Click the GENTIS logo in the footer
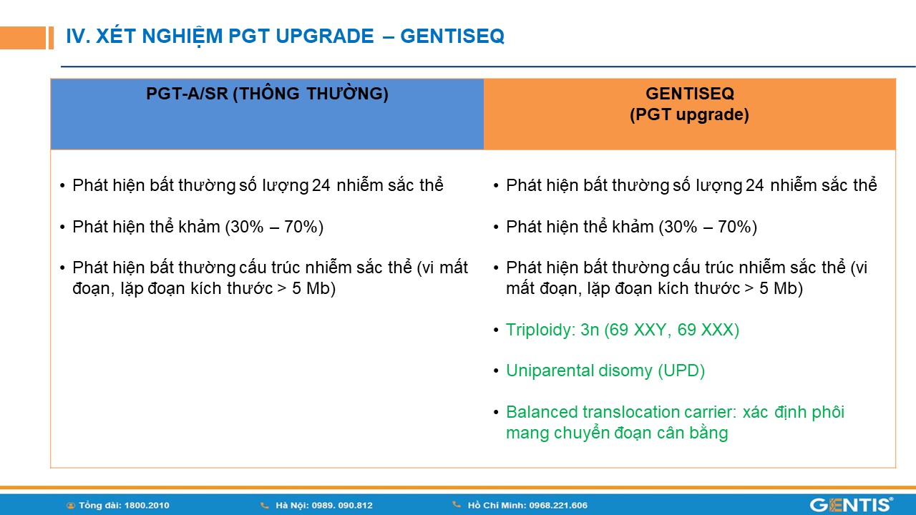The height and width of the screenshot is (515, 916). click(x=852, y=505)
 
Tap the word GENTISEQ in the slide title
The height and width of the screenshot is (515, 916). click(x=452, y=36)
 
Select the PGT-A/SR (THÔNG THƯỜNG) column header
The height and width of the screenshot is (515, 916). click(x=267, y=94)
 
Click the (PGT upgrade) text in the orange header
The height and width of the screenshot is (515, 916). click(x=689, y=114)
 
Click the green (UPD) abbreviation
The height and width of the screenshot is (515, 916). click(x=681, y=371)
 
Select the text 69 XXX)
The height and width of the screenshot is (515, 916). click(x=708, y=330)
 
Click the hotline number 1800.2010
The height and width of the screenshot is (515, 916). click(x=147, y=506)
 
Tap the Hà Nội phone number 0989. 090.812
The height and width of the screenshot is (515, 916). click(x=342, y=506)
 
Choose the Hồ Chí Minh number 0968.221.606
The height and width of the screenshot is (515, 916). click(x=558, y=506)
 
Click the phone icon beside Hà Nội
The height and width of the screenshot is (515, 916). click(x=265, y=506)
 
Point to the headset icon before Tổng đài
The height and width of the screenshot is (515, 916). click(x=71, y=506)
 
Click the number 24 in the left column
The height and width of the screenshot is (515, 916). click(x=321, y=185)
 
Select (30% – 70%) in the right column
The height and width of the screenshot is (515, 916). click(x=708, y=227)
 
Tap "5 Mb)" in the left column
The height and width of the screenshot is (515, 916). click(x=313, y=288)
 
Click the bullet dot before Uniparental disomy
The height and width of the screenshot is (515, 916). click(x=496, y=371)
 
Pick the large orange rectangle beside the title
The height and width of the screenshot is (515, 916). click(x=23, y=38)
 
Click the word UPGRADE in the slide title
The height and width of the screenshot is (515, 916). click(x=325, y=36)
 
